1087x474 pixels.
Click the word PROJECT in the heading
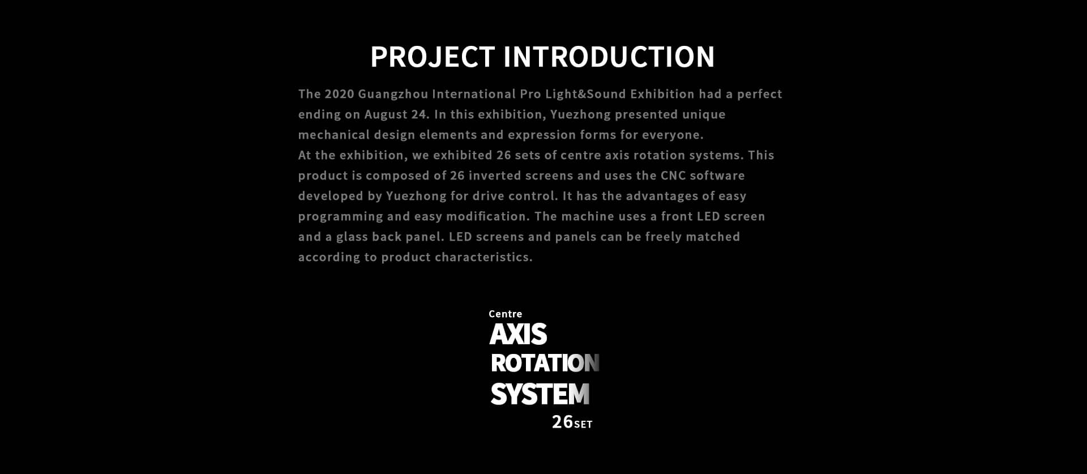pos(433,57)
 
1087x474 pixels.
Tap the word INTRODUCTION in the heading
pos(609,57)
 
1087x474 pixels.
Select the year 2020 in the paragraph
pos(339,94)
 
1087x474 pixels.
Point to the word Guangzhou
pos(393,95)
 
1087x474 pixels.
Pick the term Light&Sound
pos(585,95)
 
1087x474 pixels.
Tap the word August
pos(386,115)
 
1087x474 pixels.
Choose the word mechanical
pos(333,135)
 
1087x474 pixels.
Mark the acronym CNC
pos(673,176)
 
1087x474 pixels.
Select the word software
pos(717,176)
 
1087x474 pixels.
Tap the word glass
pos(352,237)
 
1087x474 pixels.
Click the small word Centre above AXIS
pos(506,314)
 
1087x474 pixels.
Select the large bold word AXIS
pos(518,334)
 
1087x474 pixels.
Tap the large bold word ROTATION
pos(545,363)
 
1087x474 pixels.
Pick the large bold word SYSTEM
pos(540,394)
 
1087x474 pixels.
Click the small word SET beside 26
pos(583,424)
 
